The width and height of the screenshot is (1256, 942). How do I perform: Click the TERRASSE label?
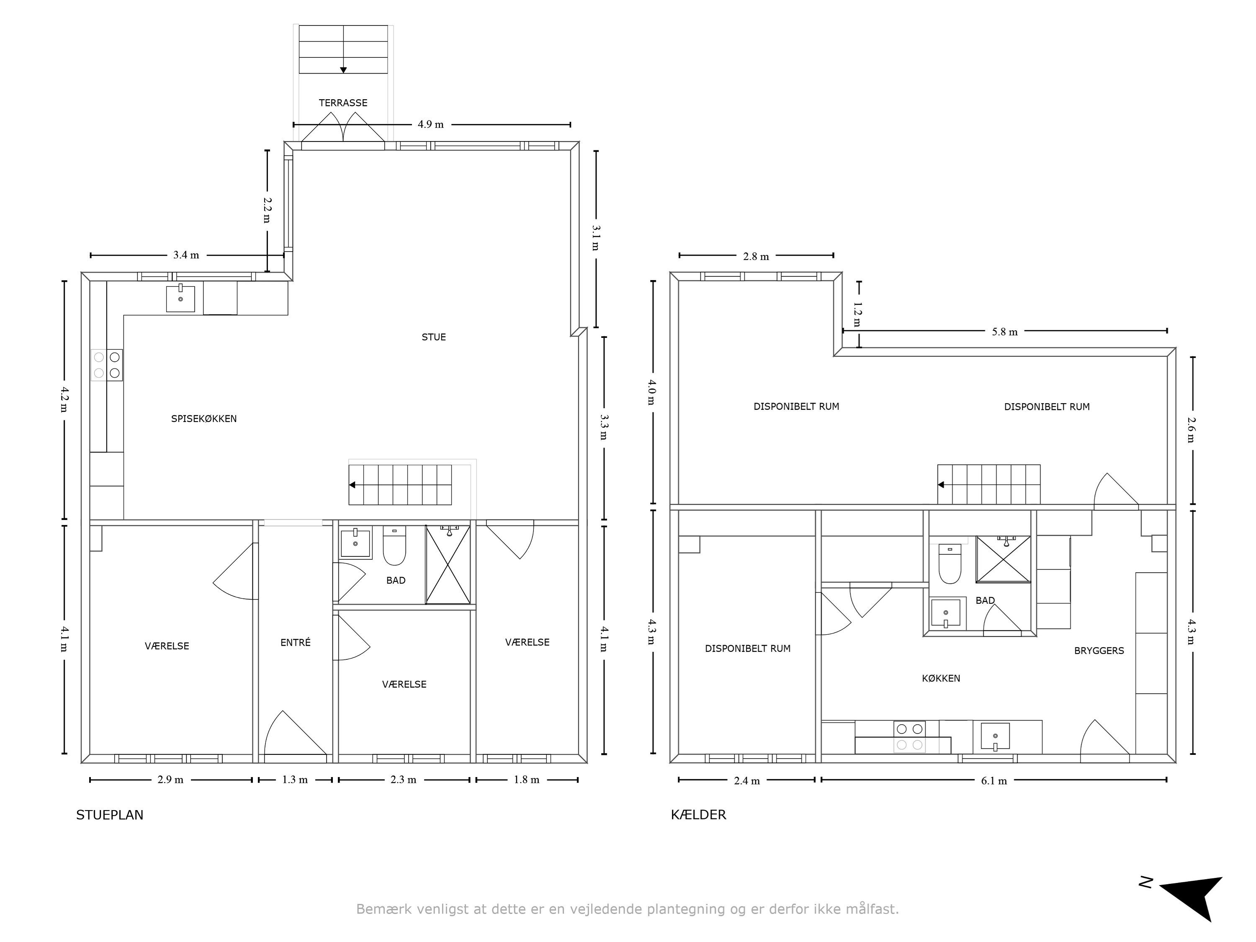coord(343,103)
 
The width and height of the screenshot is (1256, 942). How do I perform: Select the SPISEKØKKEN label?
coord(204,419)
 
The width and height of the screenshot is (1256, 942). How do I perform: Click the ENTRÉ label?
coord(295,642)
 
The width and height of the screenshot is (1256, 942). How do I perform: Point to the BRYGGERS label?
coord(1099,651)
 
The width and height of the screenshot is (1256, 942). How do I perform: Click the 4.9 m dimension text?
coord(430,124)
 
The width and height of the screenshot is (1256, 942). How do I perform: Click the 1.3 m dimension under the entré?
coord(295,780)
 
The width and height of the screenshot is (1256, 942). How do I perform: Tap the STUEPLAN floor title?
coord(110,815)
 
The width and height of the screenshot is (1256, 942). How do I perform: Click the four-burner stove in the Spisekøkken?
coord(107,365)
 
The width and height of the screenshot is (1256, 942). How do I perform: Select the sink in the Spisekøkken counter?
coord(180,299)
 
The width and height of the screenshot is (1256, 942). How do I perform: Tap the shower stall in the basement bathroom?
coord(1003,559)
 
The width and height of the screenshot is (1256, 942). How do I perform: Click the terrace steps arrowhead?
coord(343,70)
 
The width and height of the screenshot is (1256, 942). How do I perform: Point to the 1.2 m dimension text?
coord(857,314)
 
